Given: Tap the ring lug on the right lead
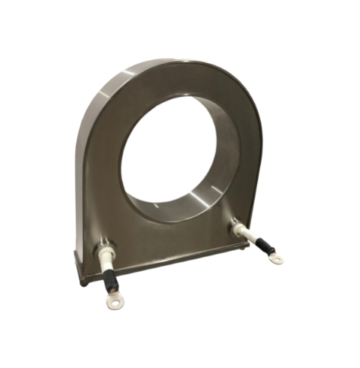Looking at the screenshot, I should click(x=277, y=260).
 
